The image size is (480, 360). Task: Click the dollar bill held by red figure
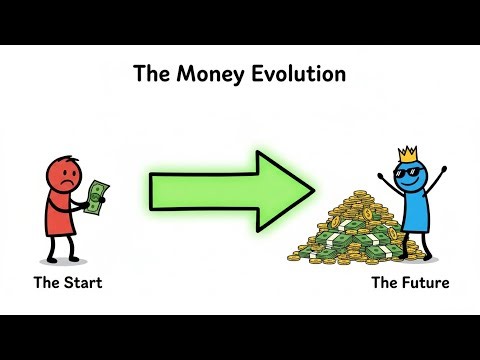pyautogui.click(x=96, y=197)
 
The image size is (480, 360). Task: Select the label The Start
pyautogui.click(x=68, y=283)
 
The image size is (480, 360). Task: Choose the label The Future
pyautogui.click(x=410, y=283)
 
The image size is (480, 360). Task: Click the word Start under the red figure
pyautogui.click(x=83, y=283)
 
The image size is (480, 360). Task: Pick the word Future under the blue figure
pyautogui.click(x=426, y=283)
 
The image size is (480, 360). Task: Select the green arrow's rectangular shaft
pyautogui.click(x=200, y=189)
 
